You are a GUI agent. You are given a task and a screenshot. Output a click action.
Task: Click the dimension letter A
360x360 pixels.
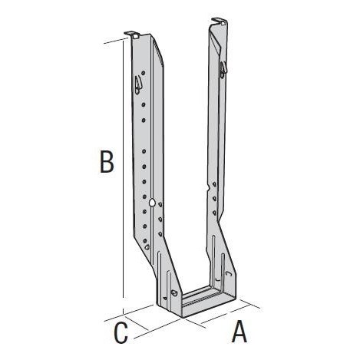point(239,332)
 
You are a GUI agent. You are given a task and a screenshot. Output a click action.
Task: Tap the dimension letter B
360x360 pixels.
point(107,162)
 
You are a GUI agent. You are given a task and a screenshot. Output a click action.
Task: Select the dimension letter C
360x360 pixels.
point(121,333)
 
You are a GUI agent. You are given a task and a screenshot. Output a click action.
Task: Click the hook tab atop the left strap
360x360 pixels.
point(132,35)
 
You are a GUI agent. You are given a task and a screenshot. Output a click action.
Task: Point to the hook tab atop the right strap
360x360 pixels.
point(220,21)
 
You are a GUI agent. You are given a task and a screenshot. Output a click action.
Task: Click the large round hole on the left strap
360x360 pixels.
point(152,203)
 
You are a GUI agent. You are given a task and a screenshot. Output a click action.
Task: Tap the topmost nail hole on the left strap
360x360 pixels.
point(144,73)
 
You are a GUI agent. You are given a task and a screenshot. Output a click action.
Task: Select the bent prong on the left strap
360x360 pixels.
point(138,85)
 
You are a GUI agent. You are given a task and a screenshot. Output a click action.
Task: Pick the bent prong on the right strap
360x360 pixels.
point(223,69)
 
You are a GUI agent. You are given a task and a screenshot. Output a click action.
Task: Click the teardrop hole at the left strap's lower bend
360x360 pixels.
point(147,247)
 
